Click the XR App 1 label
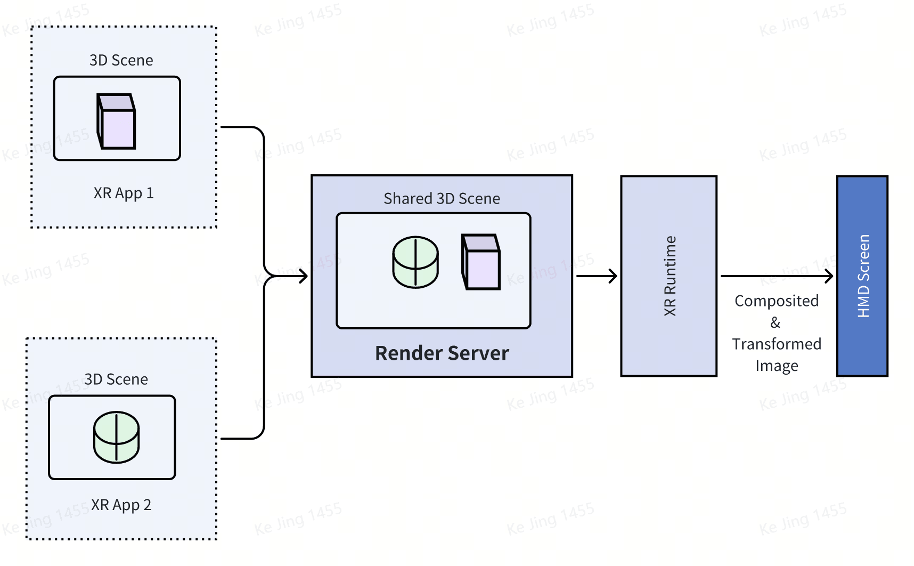pyautogui.click(x=124, y=193)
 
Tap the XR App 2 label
pyautogui.click(x=121, y=505)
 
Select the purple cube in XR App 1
pyautogui.click(x=116, y=122)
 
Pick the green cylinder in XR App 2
pyautogui.click(x=116, y=437)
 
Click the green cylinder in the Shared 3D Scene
pyautogui.click(x=415, y=262)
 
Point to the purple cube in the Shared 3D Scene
pyautogui.click(x=481, y=262)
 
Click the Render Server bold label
pyautogui.click(x=442, y=353)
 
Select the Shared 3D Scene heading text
pyautogui.click(x=442, y=199)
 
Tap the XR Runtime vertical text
pyautogui.click(x=670, y=276)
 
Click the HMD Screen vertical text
pyautogui.click(x=863, y=276)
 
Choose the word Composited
pyautogui.click(x=777, y=301)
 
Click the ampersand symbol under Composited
pyautogui.click(x=776, y=322)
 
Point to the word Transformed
pyautogui.click(x=777, y=344)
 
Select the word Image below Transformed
pyautogui.click(x=777, y=366)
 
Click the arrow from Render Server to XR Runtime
pyautogui.click(x=597, y=276)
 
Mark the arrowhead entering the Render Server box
pyautogui.click(x=304, y=276)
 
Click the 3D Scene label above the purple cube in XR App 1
pyautogui.click(x=121, y=60)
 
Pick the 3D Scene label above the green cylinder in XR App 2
pyautogui.click(x=116, y=379)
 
